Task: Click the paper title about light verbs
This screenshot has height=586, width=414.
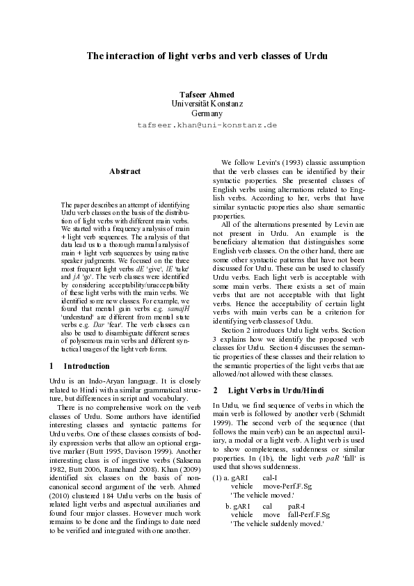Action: pyautogui.click(x=207, y=54)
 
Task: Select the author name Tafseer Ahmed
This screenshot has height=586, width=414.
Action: pyautogui.click(x=207, y=94)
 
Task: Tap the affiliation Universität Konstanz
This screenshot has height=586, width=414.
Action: pyautogui.click(x=207, y=103)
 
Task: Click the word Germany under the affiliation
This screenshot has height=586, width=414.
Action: pyautogui.click(x=207, y=113)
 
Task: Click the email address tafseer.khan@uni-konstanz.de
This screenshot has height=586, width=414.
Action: pyautogui.click(x=207, y=125)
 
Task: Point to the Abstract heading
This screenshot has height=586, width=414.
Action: pyautogui.click(x=125, y=171)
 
